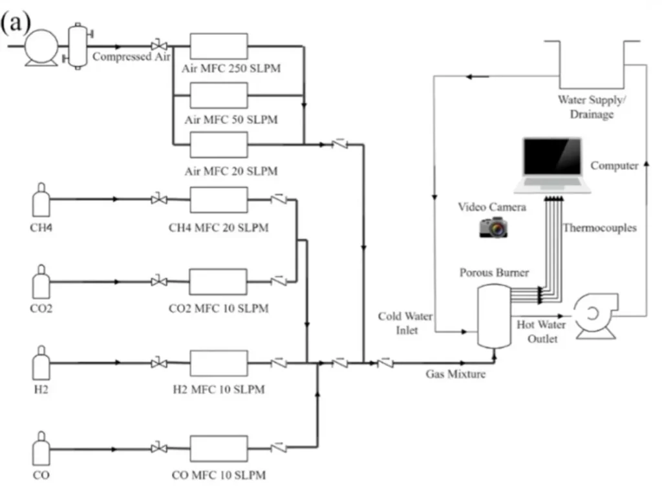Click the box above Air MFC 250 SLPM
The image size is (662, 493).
(219, 46)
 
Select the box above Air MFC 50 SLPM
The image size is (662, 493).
(219, 96)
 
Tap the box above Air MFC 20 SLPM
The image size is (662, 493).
(219, 145)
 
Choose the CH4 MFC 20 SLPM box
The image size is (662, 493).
(219, 200)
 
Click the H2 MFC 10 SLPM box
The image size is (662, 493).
(219, 363)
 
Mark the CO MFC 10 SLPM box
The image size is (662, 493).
(219, 448)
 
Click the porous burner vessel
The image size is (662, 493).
(494, 316)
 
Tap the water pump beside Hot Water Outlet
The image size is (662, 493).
(595, 316)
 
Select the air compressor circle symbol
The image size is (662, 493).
(41, 47)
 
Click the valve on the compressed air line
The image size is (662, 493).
(159, 45)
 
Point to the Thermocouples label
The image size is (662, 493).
(599, 228)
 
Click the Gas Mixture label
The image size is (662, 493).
(456, 374)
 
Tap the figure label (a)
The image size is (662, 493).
(16, 21)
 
